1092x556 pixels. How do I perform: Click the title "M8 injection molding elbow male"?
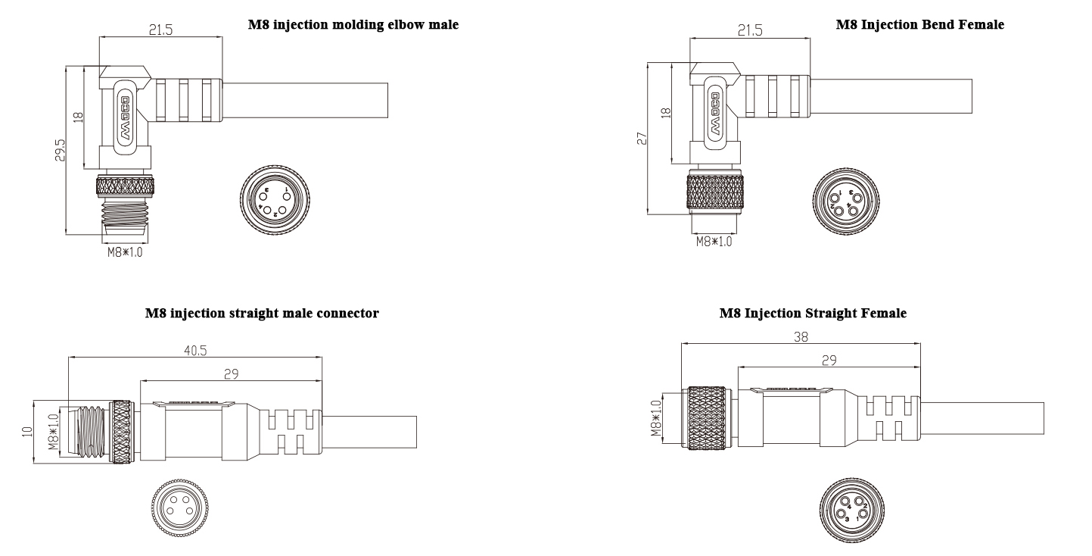(353, 25)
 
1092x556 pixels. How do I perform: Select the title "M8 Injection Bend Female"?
(919, 25)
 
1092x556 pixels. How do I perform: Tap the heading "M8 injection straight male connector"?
(262, 312)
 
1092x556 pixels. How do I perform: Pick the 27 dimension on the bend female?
(641, 138)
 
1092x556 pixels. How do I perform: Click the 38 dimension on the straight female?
(800, 339)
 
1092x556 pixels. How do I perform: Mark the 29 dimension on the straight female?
(829, 361)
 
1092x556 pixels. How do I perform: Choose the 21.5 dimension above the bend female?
(750, 31)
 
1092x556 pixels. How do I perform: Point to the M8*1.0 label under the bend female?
(714, 242)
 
